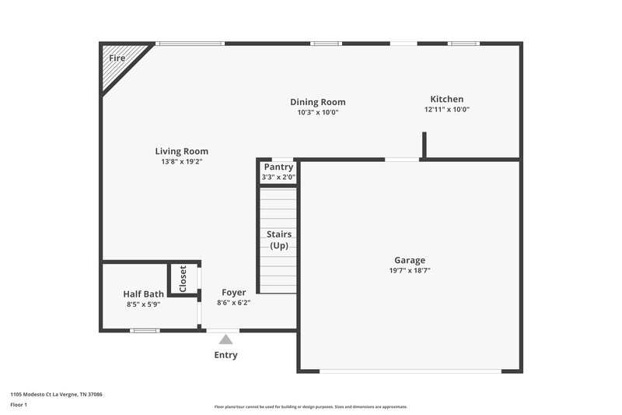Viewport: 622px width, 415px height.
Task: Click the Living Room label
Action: pos(181,151)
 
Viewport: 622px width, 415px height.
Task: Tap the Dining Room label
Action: pos(317,102)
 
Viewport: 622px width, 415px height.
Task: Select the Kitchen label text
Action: pos(446,99)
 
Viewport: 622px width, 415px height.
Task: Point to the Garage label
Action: pos(409,260)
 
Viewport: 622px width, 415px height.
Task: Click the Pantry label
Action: pos(278,167)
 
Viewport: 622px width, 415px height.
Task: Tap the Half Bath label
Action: pos(143,294)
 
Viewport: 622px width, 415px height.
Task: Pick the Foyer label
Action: pos(233,293)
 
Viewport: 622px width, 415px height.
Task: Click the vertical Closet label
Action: pos(183,278)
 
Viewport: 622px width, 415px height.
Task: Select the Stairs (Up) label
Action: pos(278,239)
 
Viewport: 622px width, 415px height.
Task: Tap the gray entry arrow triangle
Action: pos(225,339)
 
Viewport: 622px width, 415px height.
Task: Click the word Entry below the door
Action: pos(225,355)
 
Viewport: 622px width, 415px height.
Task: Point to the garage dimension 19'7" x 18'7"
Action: pos(409,271)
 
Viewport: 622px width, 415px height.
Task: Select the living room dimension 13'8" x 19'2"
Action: pos(181,162)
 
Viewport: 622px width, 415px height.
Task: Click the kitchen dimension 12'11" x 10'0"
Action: pos(446,110)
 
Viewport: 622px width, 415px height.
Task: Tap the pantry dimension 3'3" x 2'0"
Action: pos(278,178)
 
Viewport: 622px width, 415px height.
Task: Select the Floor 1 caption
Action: pos(19,405)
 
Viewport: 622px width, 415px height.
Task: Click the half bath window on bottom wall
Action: pos(145,331)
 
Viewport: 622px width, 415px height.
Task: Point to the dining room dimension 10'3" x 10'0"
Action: pos(317,113)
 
